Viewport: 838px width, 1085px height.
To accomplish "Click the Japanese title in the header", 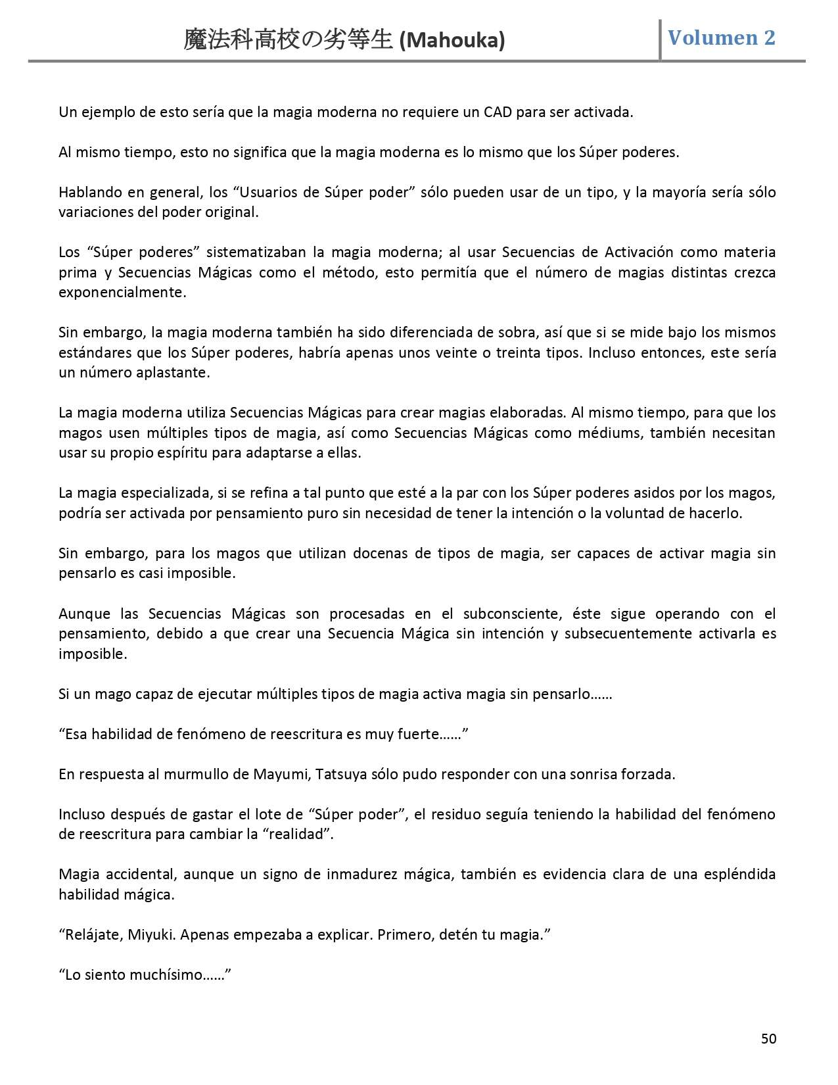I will (x=290, y=40).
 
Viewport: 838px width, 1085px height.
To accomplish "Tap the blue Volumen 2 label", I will (x=721, y=37).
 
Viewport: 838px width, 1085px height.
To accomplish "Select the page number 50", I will (x=768, y=1038).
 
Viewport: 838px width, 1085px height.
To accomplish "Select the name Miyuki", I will (x=151, y=934).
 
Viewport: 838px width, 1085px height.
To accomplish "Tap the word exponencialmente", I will (x=122, y=293).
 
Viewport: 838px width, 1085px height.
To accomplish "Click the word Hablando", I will (x=87, y=192).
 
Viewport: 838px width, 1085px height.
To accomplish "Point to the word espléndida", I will (x=734, y=874).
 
